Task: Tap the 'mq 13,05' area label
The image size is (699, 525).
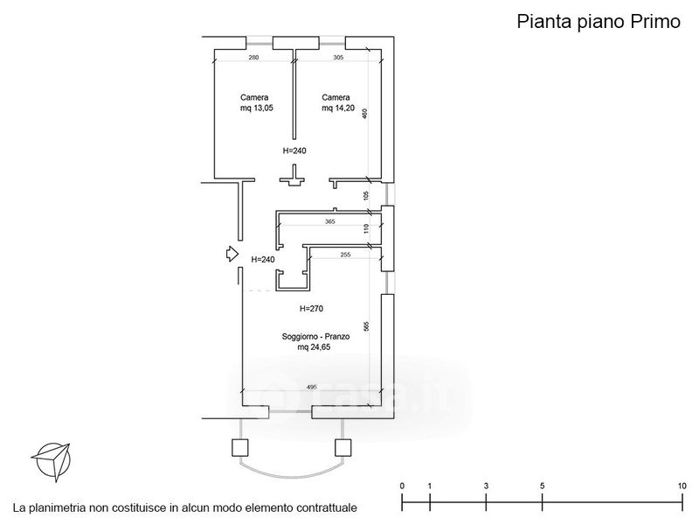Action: pyautogui.click(x=254, y=108)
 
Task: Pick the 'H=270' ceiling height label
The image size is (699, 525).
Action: pyautogui.click(x=312, y=308)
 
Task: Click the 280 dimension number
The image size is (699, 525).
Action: pyautogui.click(x=254, y=58)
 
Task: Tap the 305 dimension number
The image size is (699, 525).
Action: pyautogui.click(x=339, y=58)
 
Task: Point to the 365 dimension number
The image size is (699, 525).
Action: pyautogui.click(x=329, y=222)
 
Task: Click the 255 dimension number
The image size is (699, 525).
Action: pyautogui.click(x=345, y=255)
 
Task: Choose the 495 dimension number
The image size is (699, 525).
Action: pyautogui.click(x=311, y=387)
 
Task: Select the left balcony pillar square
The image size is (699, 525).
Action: pyautogui.click(x=239, y=447)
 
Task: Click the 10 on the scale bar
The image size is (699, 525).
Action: pyautogui.click(x=682, y=486)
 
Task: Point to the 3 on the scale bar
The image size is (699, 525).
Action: pyautogui.click(x=486, y=486)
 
